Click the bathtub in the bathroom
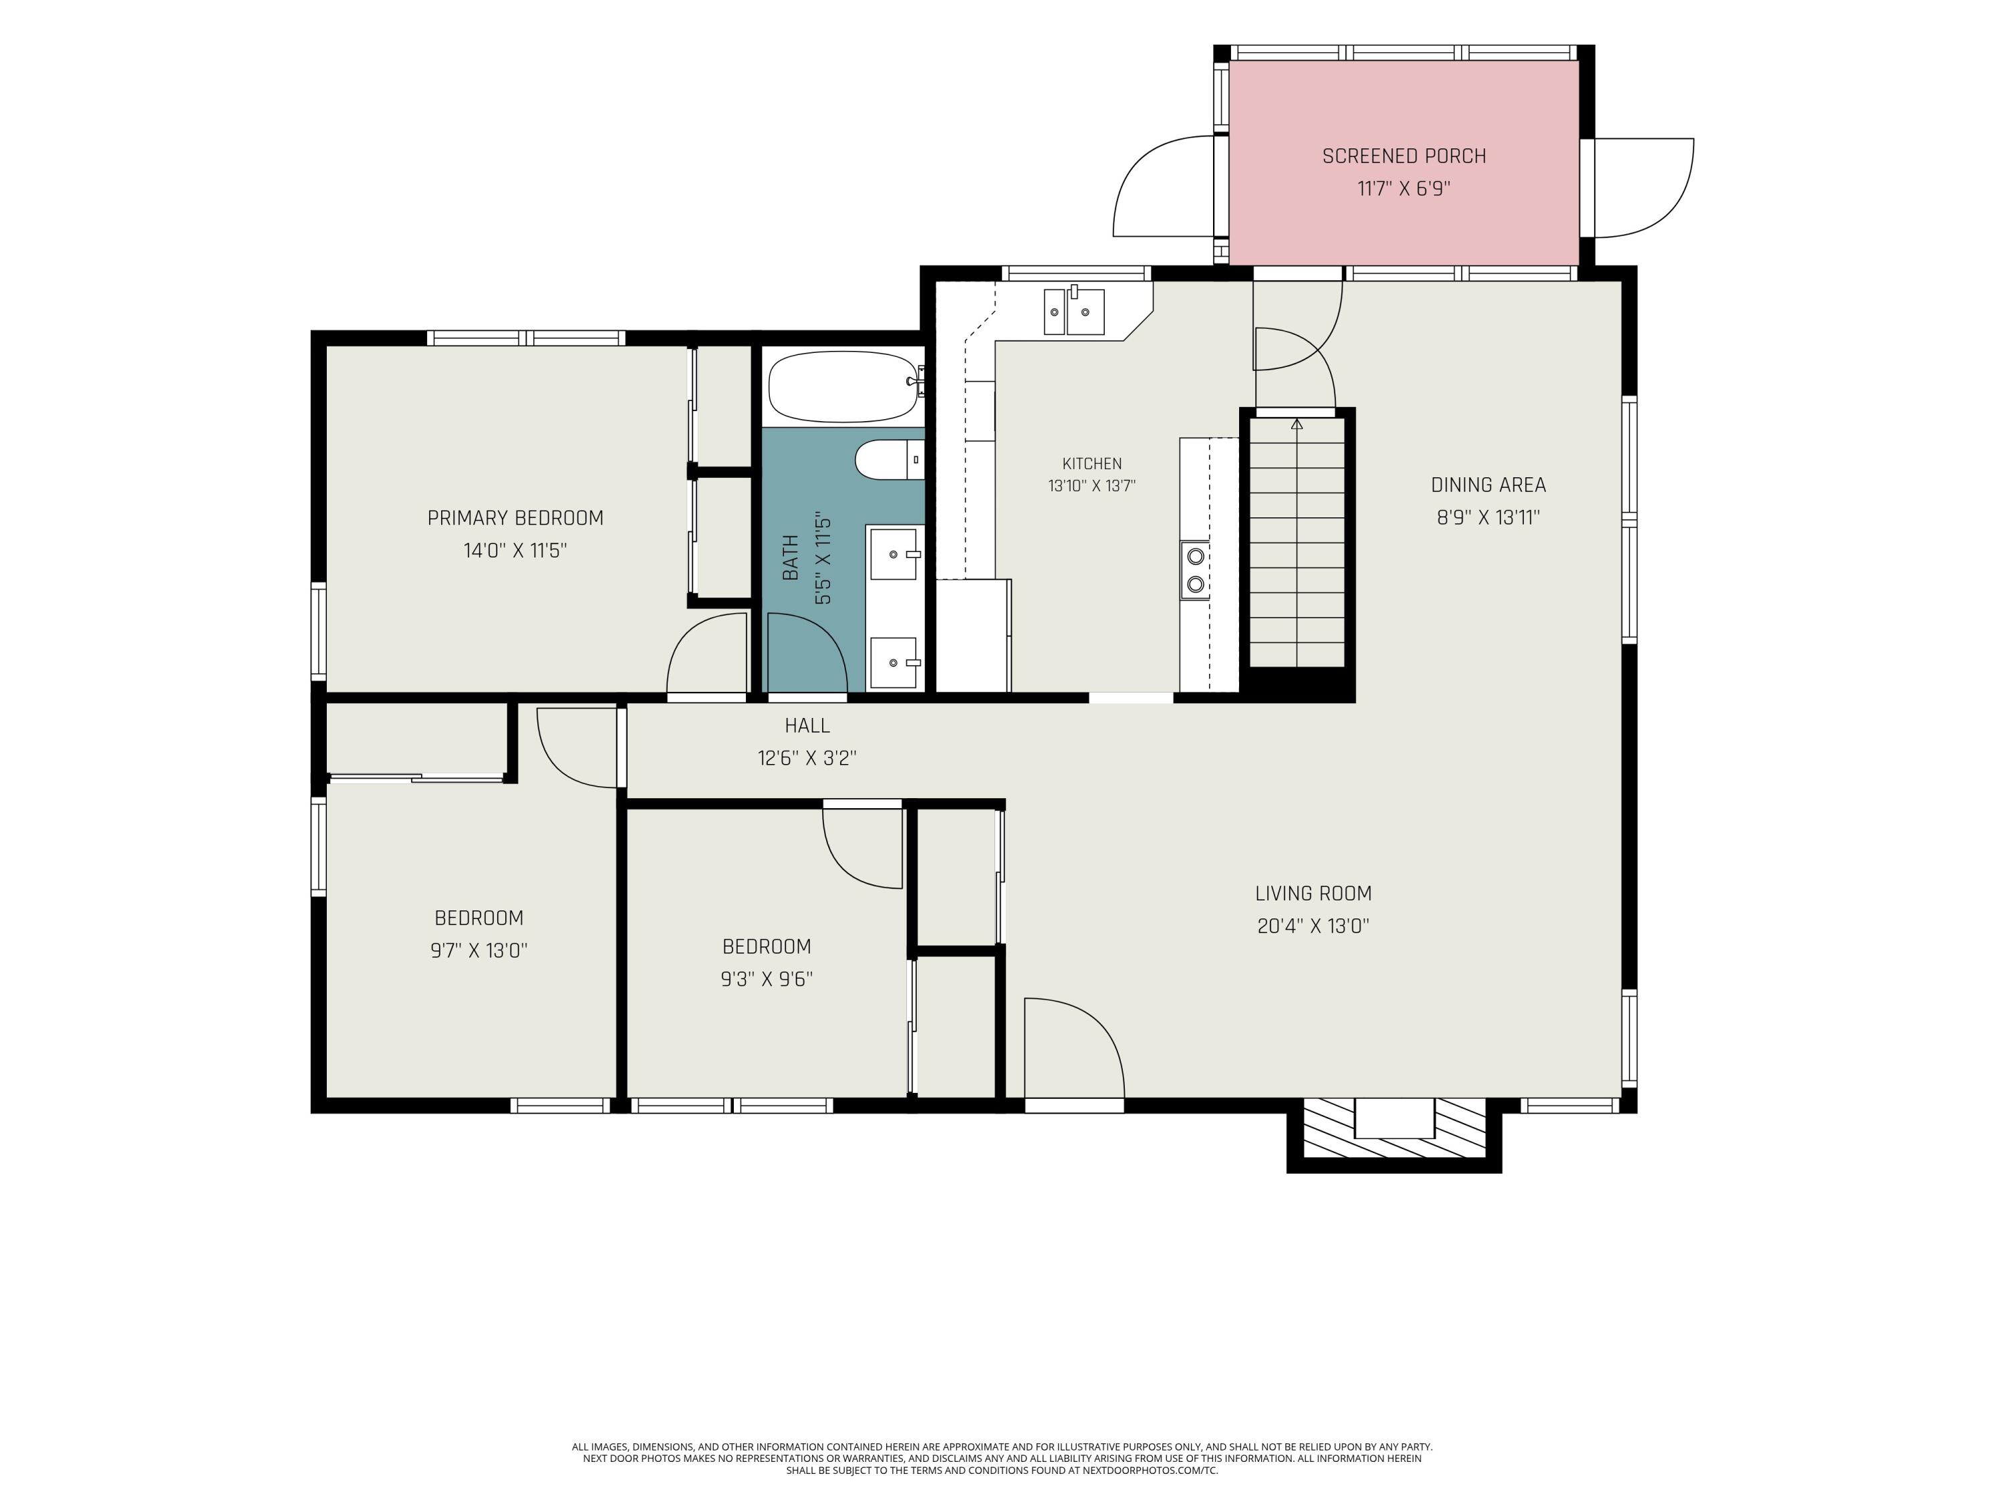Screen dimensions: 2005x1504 pos(843,387)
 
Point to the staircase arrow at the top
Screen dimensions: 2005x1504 pos(1296,422)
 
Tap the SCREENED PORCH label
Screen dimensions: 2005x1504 pos(1404,156)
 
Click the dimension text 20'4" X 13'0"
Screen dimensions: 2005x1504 pos(1313,926)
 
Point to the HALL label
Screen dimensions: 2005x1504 pos(807,725)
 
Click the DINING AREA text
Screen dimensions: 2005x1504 pos(1488,485)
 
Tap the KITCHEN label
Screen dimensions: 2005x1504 pos(1092,463)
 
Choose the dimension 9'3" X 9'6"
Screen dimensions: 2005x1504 pos(767,979)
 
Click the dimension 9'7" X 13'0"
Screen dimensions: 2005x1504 pos(479,950)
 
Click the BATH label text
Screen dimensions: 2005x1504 pos(791,557)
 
